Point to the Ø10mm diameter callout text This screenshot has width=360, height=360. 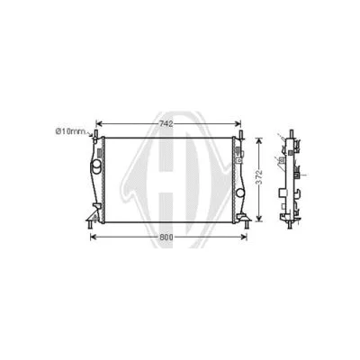68,132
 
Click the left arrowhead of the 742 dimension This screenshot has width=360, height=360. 100,122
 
